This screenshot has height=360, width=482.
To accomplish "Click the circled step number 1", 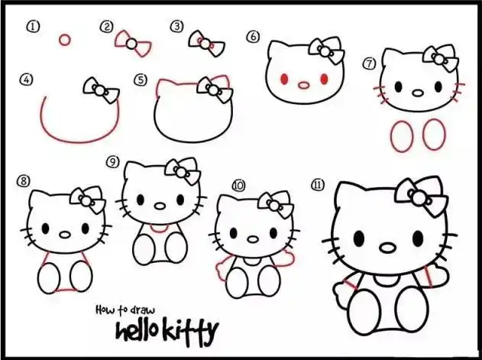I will [x=32, y=27].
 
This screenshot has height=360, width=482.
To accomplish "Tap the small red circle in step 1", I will [x=65, y=39].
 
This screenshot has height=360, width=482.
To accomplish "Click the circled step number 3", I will [x=176, y=27].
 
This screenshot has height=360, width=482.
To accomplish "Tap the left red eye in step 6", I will [x=285, y=79].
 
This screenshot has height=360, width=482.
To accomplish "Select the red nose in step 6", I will [x=305, y=83].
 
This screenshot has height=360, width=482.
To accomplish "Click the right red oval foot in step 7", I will [x=434, y=135].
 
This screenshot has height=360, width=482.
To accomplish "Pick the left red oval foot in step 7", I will [x=401, y=136].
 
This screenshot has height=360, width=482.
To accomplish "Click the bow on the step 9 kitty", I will [x=183, y=172].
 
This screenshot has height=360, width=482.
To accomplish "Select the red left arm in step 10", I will [x=223, y=269].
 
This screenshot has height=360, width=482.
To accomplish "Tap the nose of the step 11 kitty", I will [x=388, y=248].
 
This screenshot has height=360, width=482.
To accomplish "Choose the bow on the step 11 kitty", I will [x=421, y=196].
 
